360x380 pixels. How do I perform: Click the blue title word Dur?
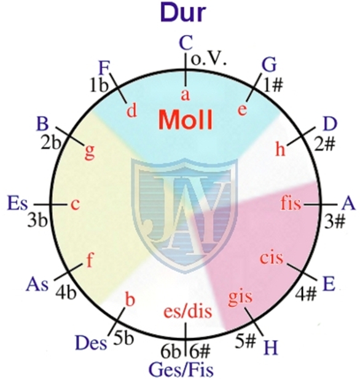point(183,12)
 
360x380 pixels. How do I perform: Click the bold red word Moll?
point(186,120)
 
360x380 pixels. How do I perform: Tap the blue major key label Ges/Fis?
point(181,370)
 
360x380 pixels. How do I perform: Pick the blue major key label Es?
point(17,203)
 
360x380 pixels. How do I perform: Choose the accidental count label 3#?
point(334,221)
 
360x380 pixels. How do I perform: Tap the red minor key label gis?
point(240,297)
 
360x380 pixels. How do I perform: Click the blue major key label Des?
point(91,343)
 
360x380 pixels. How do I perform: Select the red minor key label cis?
point(272,258)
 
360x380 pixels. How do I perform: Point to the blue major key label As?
point(37,284)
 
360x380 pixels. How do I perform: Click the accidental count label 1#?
point(273,85)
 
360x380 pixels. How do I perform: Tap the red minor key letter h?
point(281,148)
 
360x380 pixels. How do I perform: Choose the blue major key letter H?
point(271,347)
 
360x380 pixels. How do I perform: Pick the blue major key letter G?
point(269,65)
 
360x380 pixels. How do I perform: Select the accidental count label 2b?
point(50,143)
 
